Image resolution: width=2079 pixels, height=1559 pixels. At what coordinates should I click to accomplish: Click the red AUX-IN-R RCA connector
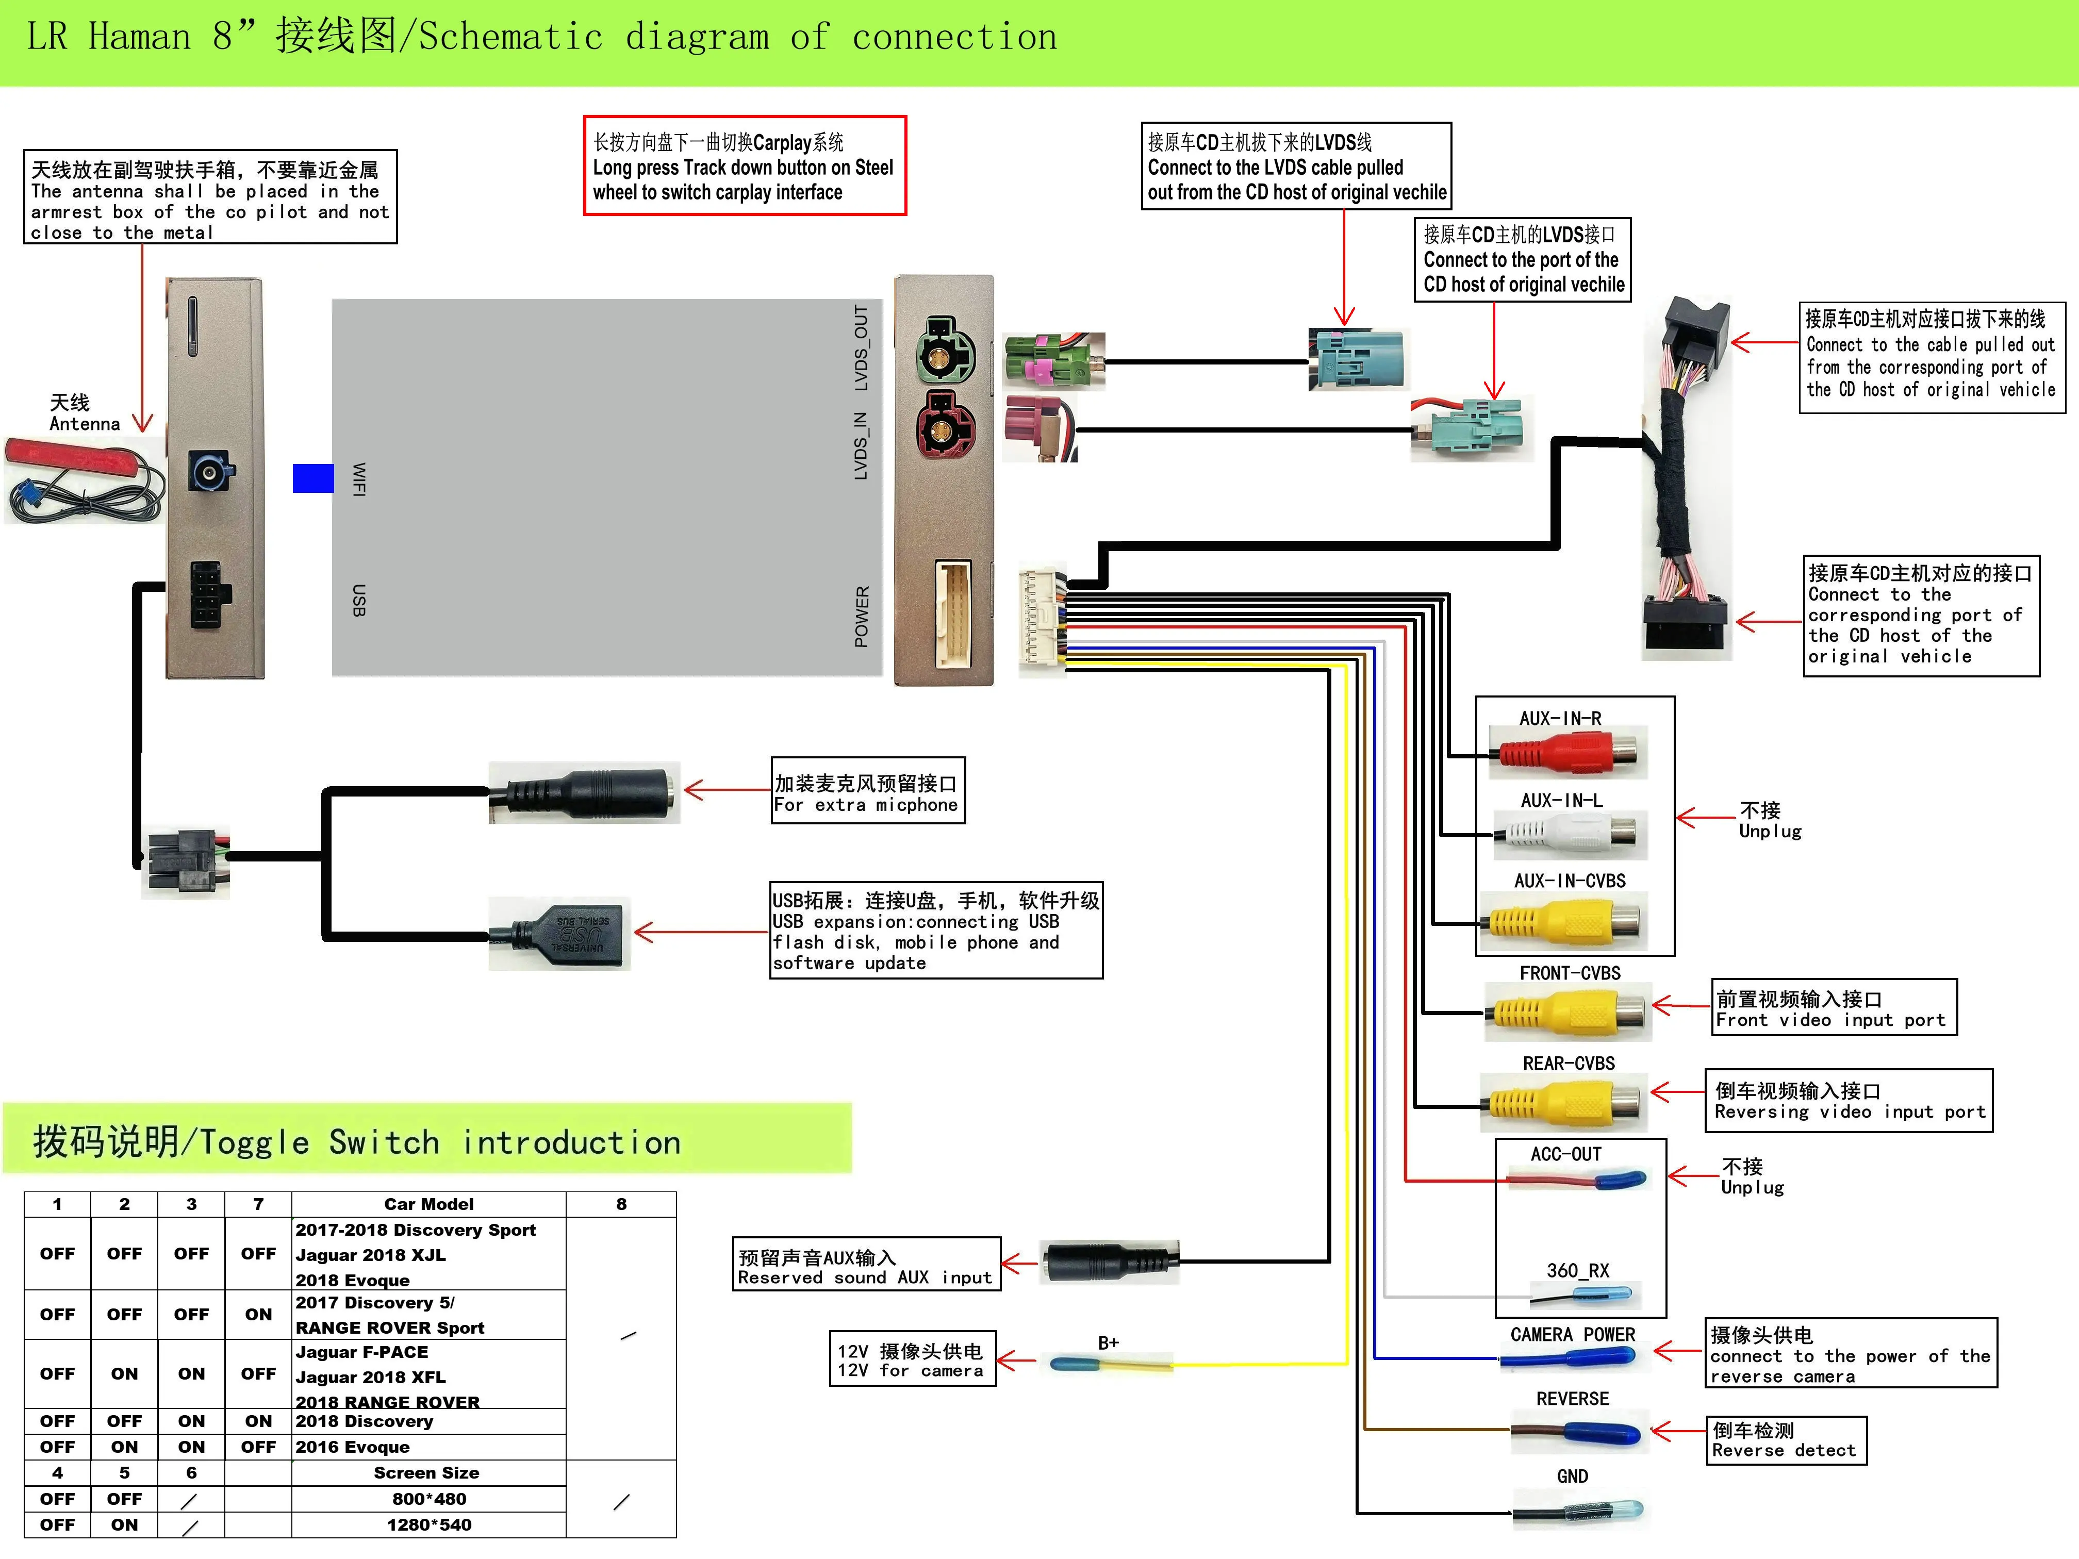click(x=1567, y=752)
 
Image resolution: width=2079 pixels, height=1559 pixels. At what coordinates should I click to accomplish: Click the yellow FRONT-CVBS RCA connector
click(x=1567, y=1012)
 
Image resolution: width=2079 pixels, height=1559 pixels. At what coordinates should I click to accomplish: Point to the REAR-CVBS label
click(x=1569, y=1064)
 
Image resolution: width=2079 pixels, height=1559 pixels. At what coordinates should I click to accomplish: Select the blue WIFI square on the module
click(x=313, y=478)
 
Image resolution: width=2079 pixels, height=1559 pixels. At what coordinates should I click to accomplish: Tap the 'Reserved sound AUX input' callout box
click(x=866, y=1265)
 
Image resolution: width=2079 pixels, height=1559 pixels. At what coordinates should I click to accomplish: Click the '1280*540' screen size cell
click(x=428, y=1525)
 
